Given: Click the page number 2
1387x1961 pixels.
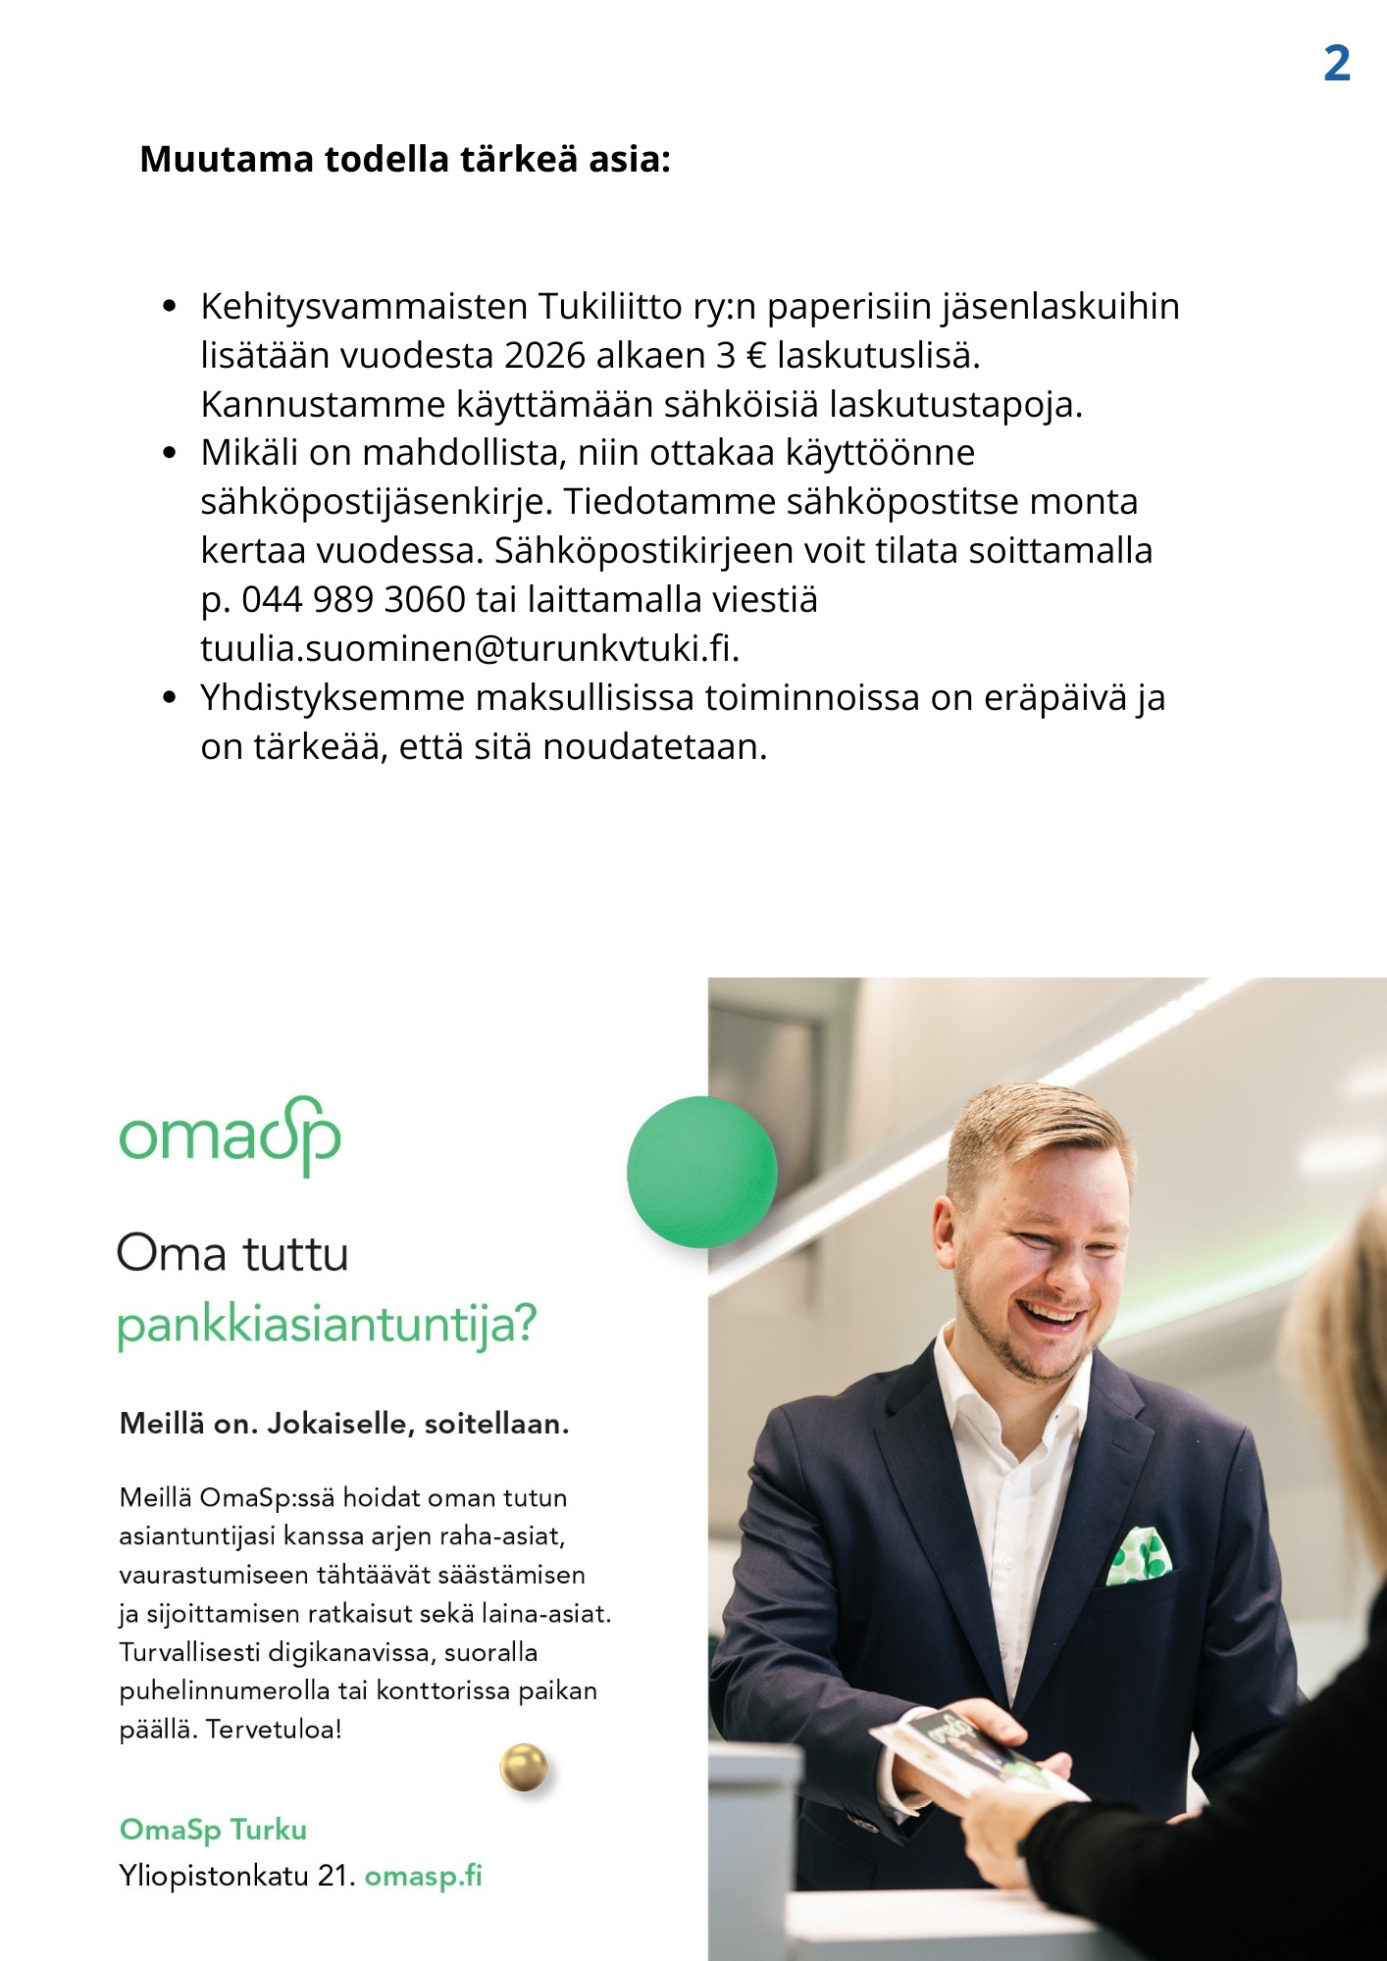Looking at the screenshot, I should [1336, 65].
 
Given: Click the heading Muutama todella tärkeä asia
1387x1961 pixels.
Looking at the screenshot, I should [405, 159].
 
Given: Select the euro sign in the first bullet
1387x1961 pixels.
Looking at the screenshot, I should [755, 355].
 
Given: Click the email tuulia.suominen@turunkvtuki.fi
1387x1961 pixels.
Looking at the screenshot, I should [469, 648].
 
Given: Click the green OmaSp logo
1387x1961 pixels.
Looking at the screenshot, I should [230, 1136].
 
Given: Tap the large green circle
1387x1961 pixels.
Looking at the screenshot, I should [701, 1172].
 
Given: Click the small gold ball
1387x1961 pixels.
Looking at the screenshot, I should [524, 1768].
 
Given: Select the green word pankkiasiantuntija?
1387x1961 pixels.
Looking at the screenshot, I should [327, 1325].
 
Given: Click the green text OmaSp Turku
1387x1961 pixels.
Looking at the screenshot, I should [213, 1830].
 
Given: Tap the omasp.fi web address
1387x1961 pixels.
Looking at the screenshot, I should [424, 1876].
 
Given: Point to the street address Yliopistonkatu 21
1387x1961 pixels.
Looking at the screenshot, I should [236, 1876].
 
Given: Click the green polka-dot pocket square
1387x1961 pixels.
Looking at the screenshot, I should [1138, 1557].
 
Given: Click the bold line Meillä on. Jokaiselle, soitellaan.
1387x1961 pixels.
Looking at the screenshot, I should [344, 1424].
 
